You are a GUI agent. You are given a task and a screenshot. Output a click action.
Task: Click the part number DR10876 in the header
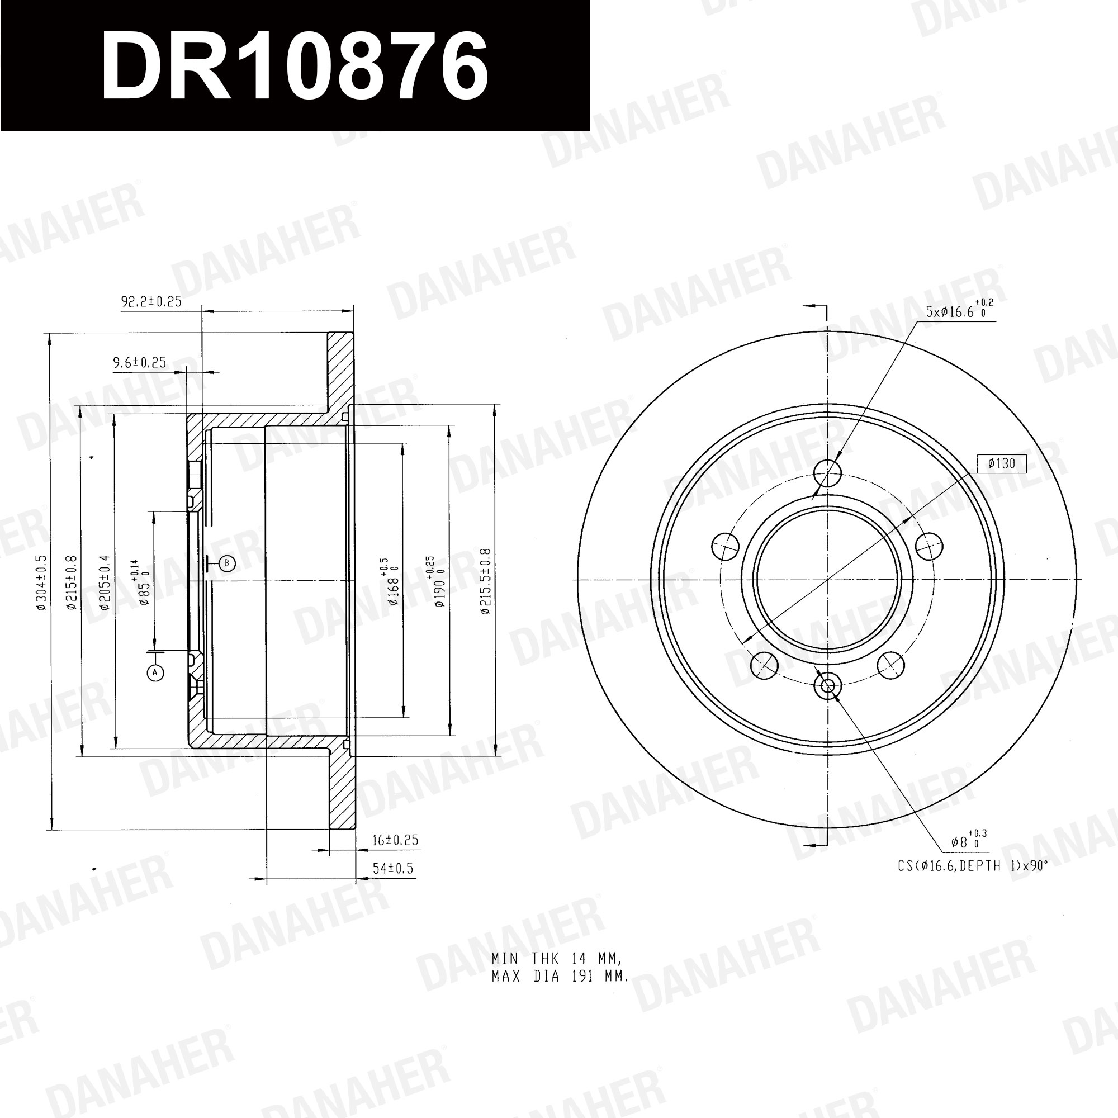295,65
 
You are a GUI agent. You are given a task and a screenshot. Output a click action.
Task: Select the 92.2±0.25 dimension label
151,301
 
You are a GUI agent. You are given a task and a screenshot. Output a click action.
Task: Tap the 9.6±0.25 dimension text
139,363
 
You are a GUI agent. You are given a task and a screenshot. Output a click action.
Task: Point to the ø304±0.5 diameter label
41,581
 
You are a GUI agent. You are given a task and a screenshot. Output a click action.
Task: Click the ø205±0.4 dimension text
104,582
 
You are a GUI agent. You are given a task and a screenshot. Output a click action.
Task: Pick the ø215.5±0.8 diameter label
485,581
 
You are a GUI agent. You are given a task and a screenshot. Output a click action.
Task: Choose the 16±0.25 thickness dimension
395,840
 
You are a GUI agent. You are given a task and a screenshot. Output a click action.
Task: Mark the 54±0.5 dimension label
394,869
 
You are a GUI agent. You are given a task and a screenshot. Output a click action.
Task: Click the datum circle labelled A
155,672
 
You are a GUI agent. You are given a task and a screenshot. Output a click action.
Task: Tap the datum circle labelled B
227,563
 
